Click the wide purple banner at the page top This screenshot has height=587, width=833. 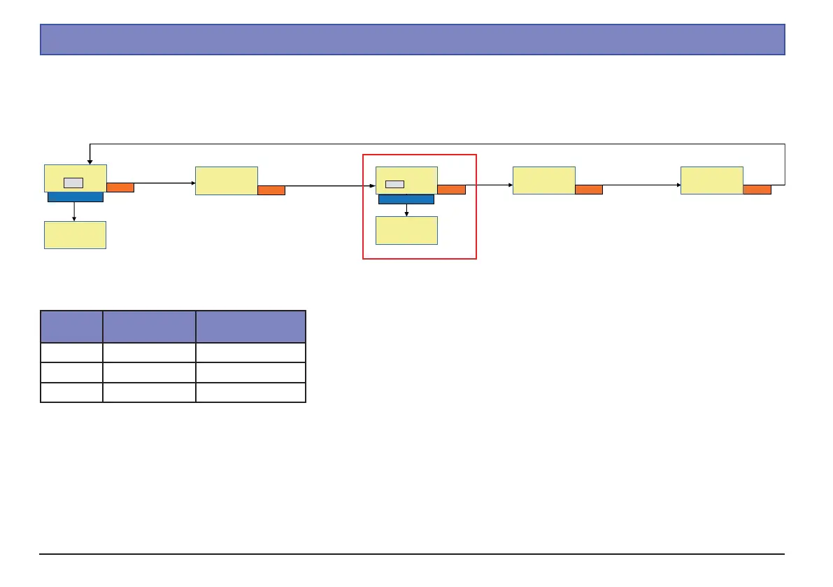tap(412, 39)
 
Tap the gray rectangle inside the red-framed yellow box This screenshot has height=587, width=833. tap(394, 184)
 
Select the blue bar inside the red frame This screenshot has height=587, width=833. tap(406, 199)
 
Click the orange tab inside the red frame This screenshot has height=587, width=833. tap(451, 190)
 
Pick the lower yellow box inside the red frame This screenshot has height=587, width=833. tap(406, 230)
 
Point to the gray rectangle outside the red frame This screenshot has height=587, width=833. tap(73, 183)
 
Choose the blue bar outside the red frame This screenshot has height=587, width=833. tap(75, 197)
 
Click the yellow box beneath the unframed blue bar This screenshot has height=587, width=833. tap(75, 235)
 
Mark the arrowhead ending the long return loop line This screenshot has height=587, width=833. tap(89, 161)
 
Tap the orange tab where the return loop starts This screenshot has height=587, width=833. tap(757, 189)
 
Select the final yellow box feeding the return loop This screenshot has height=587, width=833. tap(711, 180)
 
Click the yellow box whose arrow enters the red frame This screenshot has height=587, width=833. tap(226, 181)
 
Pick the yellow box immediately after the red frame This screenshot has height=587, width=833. tap(543, 180)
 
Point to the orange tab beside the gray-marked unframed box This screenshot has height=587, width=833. tap(120, 187)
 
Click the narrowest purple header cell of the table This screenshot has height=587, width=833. tap(71, 327)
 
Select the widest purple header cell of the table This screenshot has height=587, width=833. tap(250, 327)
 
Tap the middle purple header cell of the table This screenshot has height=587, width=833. tap(149, 327)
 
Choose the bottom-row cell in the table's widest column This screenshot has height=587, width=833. tap(250, 392)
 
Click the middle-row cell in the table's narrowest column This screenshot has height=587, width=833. tap(71, 372)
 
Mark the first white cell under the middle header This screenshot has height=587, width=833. tap(149, 353)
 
